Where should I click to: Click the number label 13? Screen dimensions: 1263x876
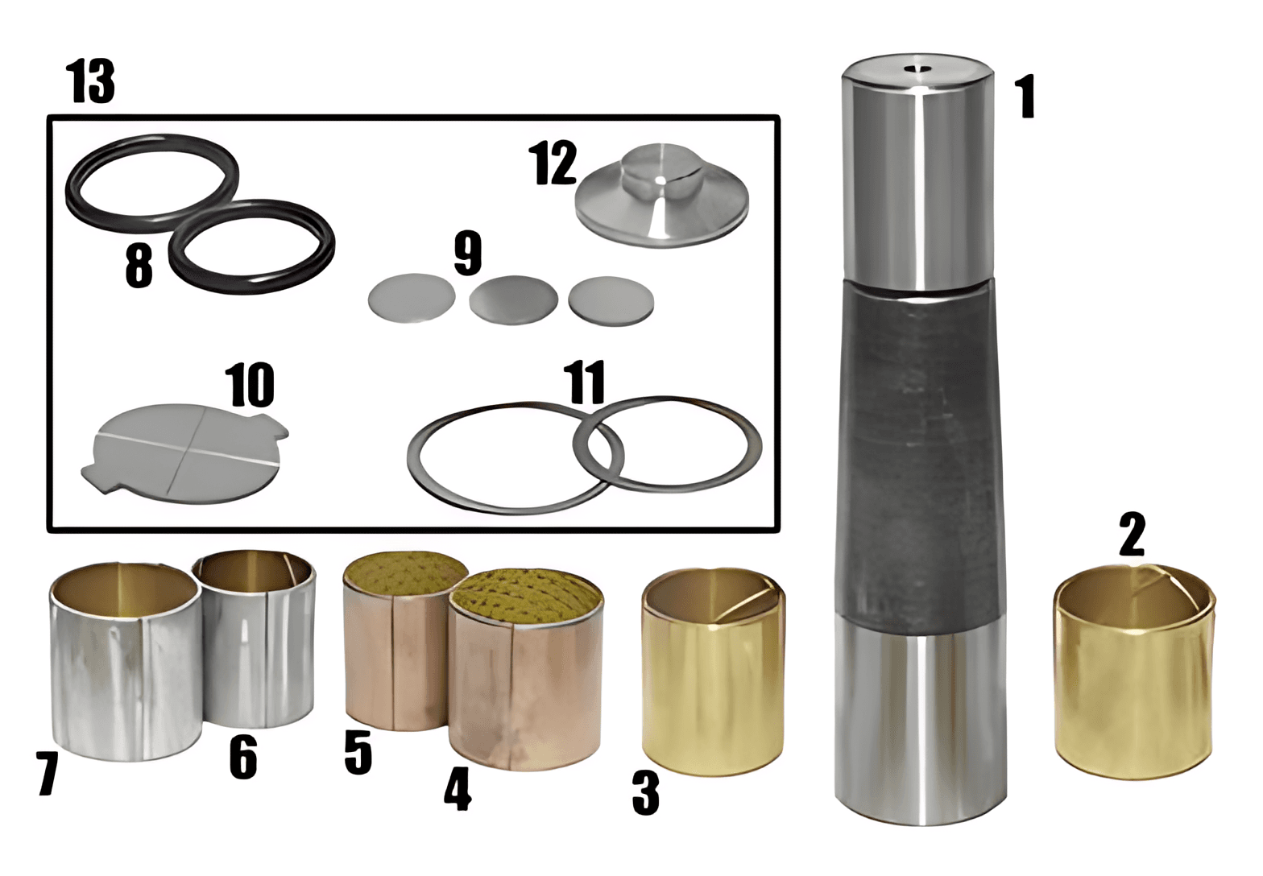[91, 82]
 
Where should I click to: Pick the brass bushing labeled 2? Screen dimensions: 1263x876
[1134, 672]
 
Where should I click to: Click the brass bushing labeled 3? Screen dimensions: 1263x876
[714, 672]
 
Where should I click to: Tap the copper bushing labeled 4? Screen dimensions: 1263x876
[525, 671]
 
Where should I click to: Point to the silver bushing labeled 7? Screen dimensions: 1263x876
[126, 663]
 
